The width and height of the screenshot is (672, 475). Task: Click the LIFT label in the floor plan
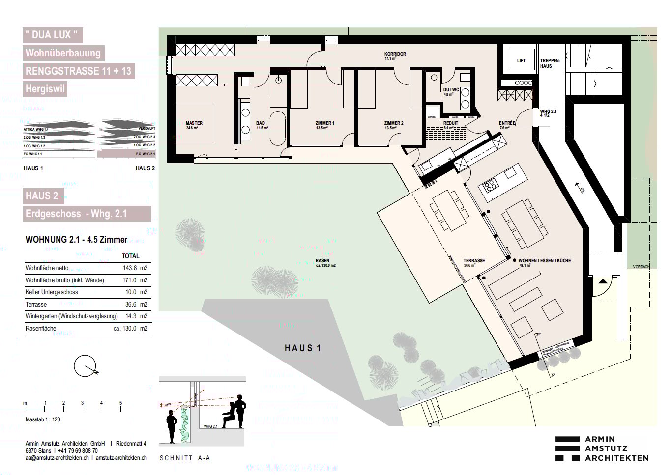(521, 61)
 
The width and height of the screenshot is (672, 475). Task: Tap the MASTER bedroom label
(194, 123)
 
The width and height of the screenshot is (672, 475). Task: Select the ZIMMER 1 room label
(324, 123)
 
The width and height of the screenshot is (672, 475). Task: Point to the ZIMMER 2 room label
(393, 123)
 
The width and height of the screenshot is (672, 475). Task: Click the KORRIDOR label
(395, 54)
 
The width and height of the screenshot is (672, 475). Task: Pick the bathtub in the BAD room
(277, 128)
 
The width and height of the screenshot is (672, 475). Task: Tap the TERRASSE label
(474, 261)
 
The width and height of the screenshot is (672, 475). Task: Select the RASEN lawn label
(322, 261)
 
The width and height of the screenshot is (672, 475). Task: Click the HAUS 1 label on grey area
(302, 348)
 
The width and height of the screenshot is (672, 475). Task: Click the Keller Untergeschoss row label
(52, 292)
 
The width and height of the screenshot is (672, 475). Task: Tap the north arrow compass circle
(84, 366)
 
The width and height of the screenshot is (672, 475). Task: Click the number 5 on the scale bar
(120, 403)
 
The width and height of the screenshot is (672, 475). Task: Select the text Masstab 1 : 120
(43, 420)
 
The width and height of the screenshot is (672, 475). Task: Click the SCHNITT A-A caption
(184, 458)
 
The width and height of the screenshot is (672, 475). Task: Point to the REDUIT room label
(450, 123)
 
